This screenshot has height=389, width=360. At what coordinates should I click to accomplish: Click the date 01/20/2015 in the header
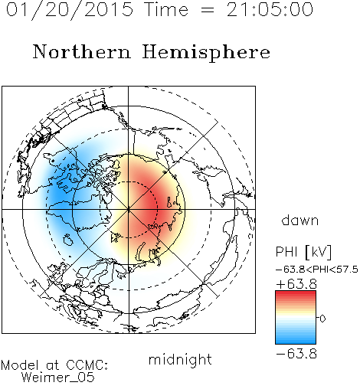(70, 10)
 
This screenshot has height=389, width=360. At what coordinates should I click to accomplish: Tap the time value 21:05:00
(270, 9)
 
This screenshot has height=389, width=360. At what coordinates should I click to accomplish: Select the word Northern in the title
(82, 52)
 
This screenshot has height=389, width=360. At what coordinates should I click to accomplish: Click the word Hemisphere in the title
(206, 53)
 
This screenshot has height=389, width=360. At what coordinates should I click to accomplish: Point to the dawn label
(300, 221)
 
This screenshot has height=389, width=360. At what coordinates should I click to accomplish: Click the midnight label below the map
(180, 360)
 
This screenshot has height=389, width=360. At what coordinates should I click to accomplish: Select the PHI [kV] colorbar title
(303, 252)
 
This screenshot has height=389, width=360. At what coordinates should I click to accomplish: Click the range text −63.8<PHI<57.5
(317, 270)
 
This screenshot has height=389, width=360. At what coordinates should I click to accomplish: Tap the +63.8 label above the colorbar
(296, 284)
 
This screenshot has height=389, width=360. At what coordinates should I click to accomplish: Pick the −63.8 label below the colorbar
(296, 354)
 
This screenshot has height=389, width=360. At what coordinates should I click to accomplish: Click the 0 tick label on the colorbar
(322, 319)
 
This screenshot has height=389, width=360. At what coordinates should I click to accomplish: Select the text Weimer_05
(58, 378)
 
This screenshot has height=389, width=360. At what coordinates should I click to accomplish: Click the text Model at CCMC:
(54, 365)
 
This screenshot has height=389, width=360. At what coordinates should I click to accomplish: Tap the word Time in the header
(166, 9)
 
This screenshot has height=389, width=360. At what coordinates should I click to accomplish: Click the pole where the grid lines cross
(129, 209)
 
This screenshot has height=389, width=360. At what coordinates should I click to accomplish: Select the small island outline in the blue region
(68, 240)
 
